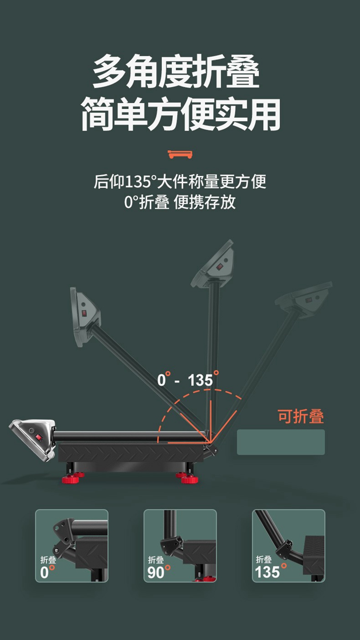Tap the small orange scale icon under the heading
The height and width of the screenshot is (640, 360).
pos(180,154)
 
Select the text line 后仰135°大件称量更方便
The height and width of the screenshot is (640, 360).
pos(180,182)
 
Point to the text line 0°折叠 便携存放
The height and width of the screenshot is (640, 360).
pos(180,202)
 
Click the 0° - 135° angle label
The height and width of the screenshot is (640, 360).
pos(188,380)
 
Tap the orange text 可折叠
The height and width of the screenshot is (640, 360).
pos(301,417)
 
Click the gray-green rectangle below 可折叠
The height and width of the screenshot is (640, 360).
pos(281,442)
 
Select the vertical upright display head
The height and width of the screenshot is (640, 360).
pos(213,264)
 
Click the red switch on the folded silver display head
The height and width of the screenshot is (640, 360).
pos(38,437)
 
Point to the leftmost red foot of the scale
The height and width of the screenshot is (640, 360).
pos(70,479)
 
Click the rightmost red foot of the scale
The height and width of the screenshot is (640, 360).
pos(191,479)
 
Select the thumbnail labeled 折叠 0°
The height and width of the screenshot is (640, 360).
pos(72,545)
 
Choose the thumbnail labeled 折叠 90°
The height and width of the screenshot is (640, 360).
pos(180,545)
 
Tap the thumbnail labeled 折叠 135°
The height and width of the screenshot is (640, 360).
pos(288,545)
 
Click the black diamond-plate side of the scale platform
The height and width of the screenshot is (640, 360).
pos(130,452)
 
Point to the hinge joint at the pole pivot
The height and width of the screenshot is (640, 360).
pos(210,447)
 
